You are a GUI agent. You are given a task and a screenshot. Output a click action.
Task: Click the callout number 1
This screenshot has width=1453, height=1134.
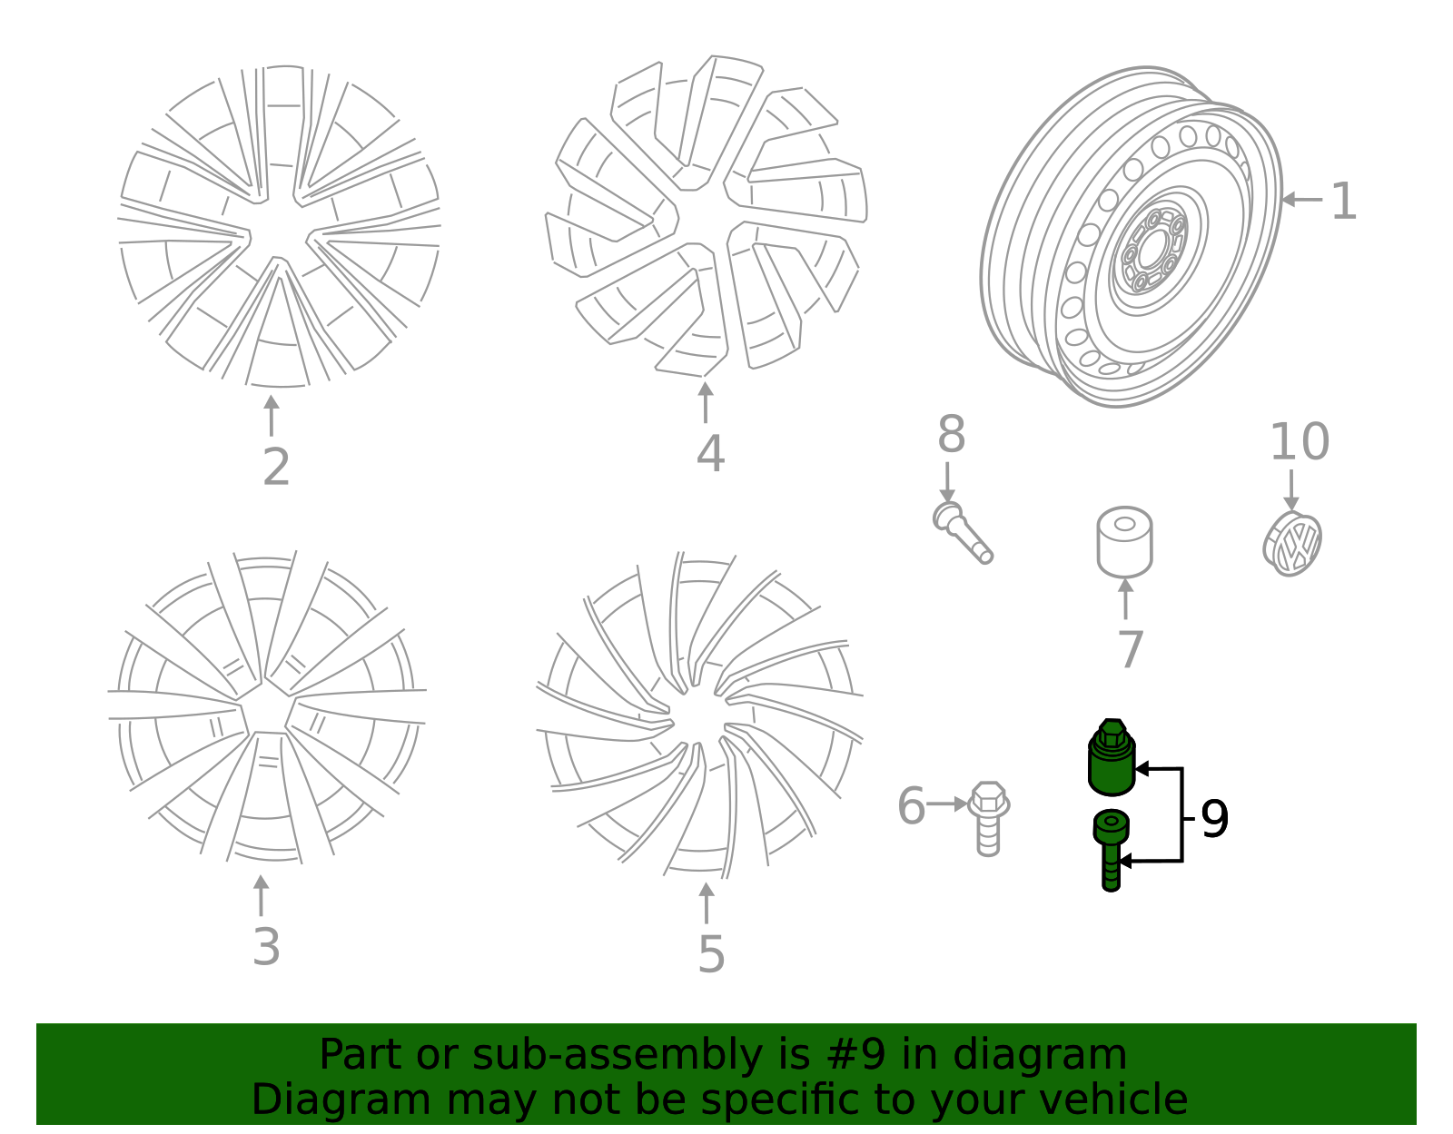click(1343, 202)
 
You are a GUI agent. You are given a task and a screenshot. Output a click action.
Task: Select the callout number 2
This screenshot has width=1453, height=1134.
click(276, 467)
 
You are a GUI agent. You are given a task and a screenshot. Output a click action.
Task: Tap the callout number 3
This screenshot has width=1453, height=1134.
click(266, 947)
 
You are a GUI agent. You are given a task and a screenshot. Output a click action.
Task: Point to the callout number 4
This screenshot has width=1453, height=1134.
click(710, 454)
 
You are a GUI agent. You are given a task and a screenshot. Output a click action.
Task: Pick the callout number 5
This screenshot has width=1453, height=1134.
click(711, 955)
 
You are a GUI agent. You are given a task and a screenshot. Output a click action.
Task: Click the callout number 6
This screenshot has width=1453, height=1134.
click(911, 806)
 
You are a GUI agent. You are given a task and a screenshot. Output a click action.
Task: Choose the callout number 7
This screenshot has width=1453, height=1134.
click(1131, 650)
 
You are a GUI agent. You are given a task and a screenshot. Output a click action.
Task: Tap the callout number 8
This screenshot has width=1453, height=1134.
click(951, 435)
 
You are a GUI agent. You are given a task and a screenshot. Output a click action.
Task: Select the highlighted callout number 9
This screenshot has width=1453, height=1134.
click(1214, 819)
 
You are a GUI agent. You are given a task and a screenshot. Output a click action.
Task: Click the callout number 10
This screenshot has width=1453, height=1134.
click(1299, 442)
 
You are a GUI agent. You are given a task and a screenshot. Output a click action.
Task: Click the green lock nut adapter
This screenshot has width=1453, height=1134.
click(1112, 758)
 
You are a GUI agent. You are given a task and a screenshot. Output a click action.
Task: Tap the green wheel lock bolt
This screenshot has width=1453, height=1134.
click(1111, 849)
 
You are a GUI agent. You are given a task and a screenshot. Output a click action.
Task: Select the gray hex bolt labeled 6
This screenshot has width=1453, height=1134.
click(988, 817)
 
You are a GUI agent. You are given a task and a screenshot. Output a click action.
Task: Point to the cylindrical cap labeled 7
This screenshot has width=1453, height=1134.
click(1124, 542)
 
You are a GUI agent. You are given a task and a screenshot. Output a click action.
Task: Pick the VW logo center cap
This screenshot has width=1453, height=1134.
click(1292, 544)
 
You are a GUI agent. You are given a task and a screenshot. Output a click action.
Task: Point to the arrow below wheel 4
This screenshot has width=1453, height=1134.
click(706, 402)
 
